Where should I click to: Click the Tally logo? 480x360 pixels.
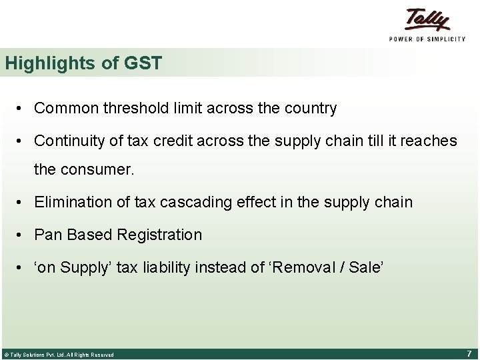tap(427, 19)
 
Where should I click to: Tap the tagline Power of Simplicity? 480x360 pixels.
tap(427, 39)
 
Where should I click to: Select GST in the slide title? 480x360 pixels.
tap(143, 63)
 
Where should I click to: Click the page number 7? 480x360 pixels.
tap(469, 353)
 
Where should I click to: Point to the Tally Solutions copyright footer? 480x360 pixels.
tap(59, 355)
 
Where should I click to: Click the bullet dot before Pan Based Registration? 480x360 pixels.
tap(22, 235)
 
